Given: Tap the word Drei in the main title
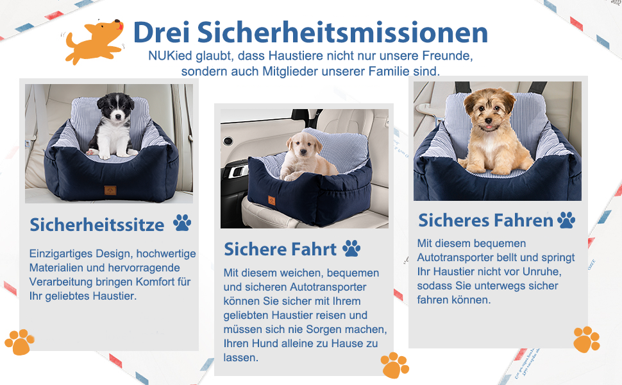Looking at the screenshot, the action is [x=162, y=32].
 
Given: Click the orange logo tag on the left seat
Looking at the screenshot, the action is [x=110, y=190].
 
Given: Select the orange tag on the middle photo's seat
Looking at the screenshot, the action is [x=272, y=201].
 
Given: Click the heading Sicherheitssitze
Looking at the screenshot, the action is [x=97, y=225].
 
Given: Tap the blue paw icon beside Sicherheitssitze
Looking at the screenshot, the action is [x=182, y=223].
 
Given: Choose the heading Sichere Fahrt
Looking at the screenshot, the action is [x=280, y=249].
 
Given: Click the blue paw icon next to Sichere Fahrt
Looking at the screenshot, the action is [x=351, y=248].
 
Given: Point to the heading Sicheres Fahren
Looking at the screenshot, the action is [x=485, y=220].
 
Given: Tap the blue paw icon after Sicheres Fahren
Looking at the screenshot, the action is [x=566, y=220].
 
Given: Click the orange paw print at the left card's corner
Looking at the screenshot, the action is [x=19, y=342].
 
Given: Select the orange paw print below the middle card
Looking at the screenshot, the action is [x=395, y=365].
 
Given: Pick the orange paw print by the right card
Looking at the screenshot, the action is [x=587, y=339].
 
